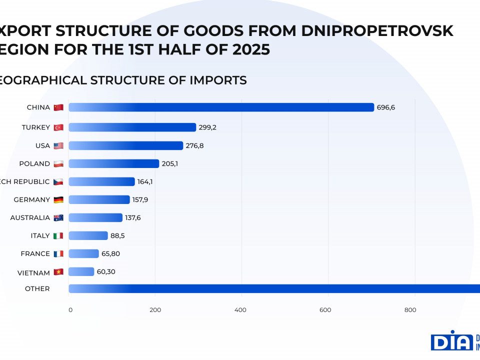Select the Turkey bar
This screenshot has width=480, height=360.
pos(132,127)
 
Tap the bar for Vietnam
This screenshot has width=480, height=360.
pos(81,271)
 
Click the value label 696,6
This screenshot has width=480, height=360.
pos(386,107)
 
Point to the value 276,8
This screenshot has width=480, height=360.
pos(195,145)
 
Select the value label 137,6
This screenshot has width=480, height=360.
pos(133,217)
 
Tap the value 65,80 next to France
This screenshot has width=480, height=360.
pos(111,253)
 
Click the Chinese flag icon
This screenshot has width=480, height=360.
pos(58,107)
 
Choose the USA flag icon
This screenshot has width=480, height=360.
pos(58,146)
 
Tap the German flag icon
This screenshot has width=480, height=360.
pos(58,200)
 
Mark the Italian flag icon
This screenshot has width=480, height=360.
pos(58,236)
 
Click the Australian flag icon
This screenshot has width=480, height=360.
pos(58,218)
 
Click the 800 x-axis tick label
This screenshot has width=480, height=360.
pos(410,310)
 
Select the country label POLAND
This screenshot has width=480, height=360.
pos(34,163)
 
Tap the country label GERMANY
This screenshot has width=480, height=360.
pos(32,199)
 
